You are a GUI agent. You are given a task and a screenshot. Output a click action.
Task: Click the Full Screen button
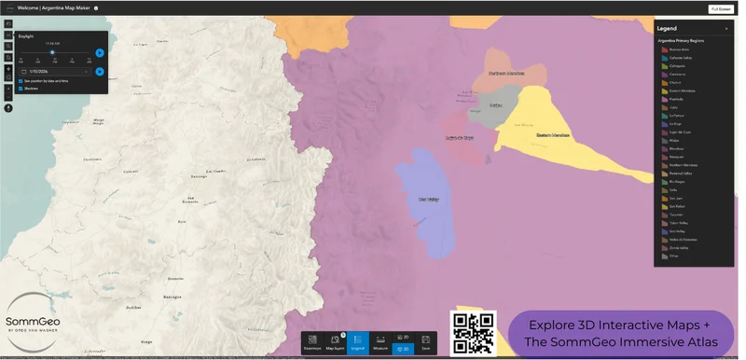[x=721, y=8]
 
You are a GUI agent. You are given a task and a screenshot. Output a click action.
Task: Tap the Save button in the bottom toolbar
[x=425, y=342]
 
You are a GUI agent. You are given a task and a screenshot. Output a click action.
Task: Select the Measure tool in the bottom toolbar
[x=380, y=342]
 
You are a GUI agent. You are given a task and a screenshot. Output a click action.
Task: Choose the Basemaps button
[x=312, y=342]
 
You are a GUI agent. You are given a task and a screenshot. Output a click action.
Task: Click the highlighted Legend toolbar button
[x=358, y=342]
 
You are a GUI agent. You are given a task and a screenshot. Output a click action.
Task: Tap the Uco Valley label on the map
[x=428, y=199]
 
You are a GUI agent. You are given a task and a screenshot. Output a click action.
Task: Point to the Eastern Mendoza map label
[x=552, y=135]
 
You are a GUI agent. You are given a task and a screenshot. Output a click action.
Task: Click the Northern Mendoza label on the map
[x=506, y=73]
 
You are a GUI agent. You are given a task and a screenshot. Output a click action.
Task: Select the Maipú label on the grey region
[x=495, y=105]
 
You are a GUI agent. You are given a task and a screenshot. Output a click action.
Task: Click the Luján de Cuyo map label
[x=460, y=137]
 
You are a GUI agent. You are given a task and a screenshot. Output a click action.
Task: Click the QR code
[x=473, y=333]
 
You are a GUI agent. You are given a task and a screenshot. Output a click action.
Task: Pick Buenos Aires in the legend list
[x=678, y=50]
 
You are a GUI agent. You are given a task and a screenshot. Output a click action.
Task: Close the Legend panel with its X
[x=726, y=29]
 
